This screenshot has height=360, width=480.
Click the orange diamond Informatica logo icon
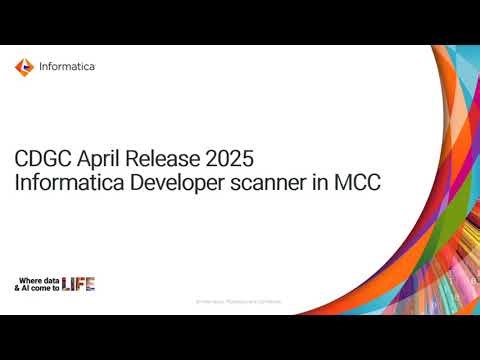tap(24, 67)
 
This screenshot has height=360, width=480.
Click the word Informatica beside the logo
tap(68, 67)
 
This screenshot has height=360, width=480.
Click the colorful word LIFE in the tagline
tap(79, 285)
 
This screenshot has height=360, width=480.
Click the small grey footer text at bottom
tap(238, 300)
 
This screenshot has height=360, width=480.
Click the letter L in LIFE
tap(66, 285)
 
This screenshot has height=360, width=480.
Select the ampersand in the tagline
tap(16, 288)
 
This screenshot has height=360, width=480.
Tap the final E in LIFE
tap(91, 285)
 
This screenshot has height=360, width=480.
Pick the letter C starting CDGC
tap(21, 158)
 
